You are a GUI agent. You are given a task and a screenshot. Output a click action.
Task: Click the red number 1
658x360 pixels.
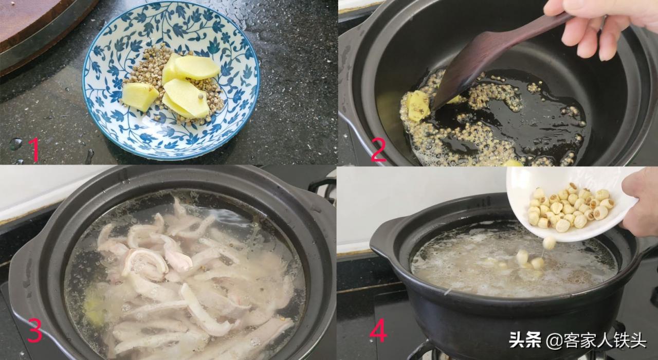(34, 150)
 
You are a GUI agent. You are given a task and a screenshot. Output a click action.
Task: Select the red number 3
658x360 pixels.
(34, 331)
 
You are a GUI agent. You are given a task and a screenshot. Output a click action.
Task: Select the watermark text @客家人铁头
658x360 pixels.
(596, 340)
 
